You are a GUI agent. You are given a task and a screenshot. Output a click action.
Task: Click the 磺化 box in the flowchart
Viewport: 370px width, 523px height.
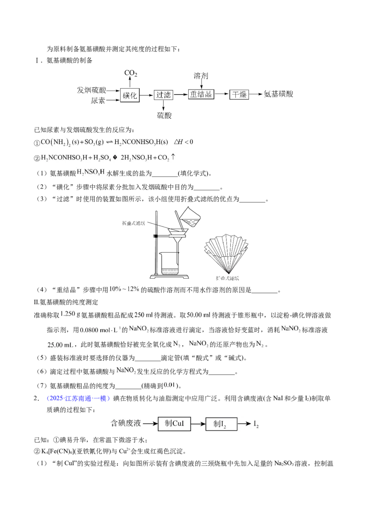129,96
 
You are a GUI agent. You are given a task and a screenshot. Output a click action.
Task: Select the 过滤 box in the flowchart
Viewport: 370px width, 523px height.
163,95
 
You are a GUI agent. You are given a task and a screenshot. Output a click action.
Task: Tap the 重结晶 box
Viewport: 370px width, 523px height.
201,94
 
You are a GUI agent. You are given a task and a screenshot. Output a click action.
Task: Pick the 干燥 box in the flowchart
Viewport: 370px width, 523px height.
240,95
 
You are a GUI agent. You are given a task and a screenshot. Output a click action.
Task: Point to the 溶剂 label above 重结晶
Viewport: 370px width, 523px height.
201,76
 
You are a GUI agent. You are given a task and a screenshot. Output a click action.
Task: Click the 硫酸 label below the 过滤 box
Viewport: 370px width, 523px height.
164,116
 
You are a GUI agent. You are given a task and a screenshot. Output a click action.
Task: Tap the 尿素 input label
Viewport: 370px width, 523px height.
98,100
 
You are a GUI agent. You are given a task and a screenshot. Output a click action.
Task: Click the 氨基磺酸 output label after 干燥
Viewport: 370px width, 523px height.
278,94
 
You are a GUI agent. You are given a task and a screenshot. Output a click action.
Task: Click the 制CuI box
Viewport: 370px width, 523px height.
174,424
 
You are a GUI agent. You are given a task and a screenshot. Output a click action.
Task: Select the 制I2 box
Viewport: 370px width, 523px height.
221,424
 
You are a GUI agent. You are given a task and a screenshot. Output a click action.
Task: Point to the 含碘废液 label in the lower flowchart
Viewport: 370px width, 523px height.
126,424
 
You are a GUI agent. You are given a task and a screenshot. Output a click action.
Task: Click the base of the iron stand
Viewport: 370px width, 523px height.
170,276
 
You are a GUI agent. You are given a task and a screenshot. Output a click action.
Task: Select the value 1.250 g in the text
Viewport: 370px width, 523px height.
70,314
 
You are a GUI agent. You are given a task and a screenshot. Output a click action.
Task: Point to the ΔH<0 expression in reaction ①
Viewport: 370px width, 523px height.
184,142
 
